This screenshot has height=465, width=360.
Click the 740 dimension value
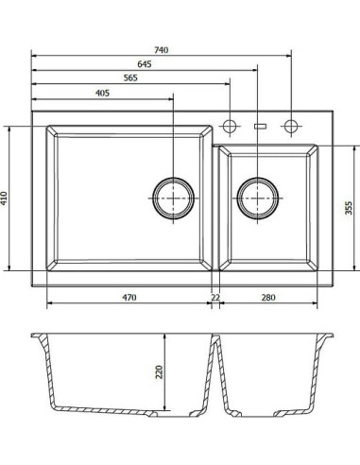[x=162, y=50]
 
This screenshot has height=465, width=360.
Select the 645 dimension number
[x=145, y=64]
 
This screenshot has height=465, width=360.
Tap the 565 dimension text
[x=130, y=77]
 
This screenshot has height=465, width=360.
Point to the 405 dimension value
[x=102, y=94]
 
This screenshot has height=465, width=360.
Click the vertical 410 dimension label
[x=4, y=198]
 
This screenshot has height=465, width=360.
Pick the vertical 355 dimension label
[x=349, y=208]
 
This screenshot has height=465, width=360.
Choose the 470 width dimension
[x=129, y=298]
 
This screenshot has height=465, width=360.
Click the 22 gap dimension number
[x=215, y=298]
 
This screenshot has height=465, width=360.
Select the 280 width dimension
[x=268, y=298]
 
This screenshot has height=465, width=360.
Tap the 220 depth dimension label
[x=160, y=372]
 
